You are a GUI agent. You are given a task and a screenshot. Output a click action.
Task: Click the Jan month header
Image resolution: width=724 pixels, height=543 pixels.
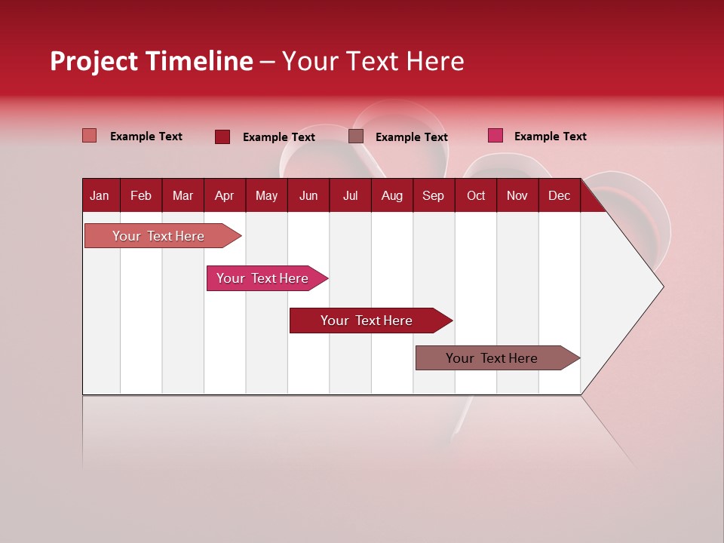click(x=100, y=195)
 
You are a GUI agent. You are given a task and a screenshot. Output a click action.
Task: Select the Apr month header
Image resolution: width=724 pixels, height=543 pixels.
click(x=225, y=195)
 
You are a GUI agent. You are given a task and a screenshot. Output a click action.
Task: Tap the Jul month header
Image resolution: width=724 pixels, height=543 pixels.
click(x=350, y=195)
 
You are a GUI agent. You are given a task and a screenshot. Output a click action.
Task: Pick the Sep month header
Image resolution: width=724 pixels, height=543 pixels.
click(x=433, y=195)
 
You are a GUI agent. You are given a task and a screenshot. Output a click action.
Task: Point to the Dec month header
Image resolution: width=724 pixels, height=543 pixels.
click(x=559, y=195)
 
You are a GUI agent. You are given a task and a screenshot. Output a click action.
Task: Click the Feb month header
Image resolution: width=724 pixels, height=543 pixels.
click(x=141, y=195)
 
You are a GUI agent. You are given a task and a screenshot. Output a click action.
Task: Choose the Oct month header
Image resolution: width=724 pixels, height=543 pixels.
click(x=476, y=195)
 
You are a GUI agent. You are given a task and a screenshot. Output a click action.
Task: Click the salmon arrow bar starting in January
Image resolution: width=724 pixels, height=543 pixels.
click(x=158, y=236)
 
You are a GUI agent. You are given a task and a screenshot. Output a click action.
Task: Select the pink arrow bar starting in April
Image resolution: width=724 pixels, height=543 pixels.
click(x=262, y=278)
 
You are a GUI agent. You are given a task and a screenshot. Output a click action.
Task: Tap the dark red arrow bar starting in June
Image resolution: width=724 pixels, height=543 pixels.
click(x=367, y=321)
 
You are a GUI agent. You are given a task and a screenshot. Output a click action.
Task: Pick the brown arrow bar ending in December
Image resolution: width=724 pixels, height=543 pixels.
click(x=492, y=358)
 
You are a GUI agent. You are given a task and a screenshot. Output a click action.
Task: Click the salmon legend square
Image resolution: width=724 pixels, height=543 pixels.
click(x=89, y=136)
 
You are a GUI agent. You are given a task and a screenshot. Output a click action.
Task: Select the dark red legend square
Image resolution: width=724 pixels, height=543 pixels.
click(x=222, y=137)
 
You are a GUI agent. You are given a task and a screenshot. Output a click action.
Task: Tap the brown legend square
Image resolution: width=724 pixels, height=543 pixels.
click(x=356, y=136)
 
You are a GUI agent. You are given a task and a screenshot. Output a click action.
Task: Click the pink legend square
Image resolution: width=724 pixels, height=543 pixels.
click(x=495, y=136)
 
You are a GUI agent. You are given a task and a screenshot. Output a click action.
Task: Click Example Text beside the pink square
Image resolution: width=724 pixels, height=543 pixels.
click(x=550, y=137)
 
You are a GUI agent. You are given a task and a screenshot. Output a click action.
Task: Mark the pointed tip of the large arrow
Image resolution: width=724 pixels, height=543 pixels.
click(x=662, y=287)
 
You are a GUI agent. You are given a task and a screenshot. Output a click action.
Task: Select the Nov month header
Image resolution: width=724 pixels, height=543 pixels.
click(x=517, y=195)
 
